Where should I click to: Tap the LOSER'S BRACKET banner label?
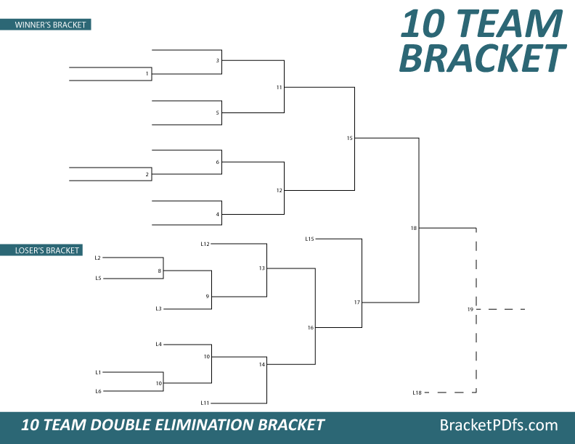tap(47, 251)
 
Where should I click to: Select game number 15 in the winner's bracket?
tap(349, 138)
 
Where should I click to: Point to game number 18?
tap(414, 229)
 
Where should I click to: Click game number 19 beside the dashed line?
tap(470, 310)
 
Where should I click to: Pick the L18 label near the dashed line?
tap(417, 392)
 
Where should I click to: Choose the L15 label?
tap(309, 239)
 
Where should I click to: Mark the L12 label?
tap(205, 244)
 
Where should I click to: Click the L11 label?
tap(205, 403)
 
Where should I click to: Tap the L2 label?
tap(98, 258)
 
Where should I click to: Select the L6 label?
tap(98, 391)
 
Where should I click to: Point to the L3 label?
tap(158, 309)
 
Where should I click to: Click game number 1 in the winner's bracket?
tap(147, 74)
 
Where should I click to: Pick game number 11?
tap(279, 87)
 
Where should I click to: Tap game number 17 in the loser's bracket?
tap(357, 302)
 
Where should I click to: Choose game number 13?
tap(262, 268)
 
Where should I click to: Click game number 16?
tap(310, 328)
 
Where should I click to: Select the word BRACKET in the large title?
tap(482, 58)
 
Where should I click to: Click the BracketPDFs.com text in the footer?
tap(499, 425)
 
